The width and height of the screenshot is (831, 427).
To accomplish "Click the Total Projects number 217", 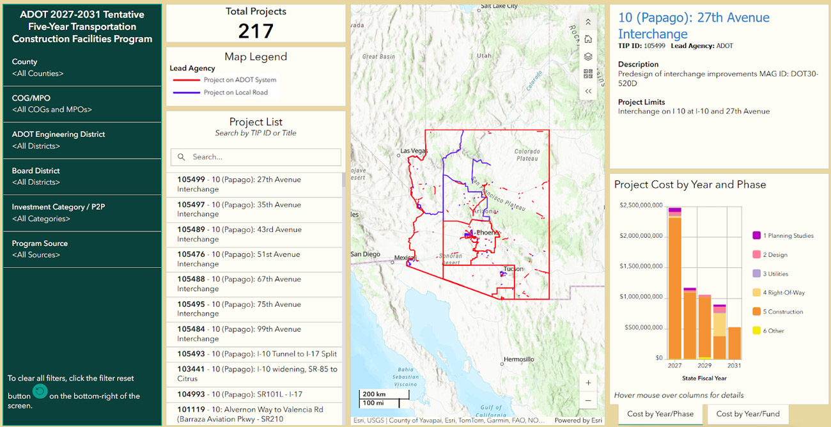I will coord(256,30).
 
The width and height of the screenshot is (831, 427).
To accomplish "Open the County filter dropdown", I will coord(82,68).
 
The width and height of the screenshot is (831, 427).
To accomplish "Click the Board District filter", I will coord(82,176).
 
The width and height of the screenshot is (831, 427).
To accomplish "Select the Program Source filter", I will coord(82,249).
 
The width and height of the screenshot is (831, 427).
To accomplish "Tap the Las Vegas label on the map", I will coord(413,151).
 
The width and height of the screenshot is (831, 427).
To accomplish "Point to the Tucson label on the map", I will coord(513,269).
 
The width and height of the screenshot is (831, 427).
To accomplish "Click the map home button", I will coord(588,40).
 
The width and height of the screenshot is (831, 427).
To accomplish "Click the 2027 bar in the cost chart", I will coord(674,288).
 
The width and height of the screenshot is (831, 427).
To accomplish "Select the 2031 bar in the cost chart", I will coord(734,343).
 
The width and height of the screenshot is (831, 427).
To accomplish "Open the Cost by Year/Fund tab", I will coord(747,414).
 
